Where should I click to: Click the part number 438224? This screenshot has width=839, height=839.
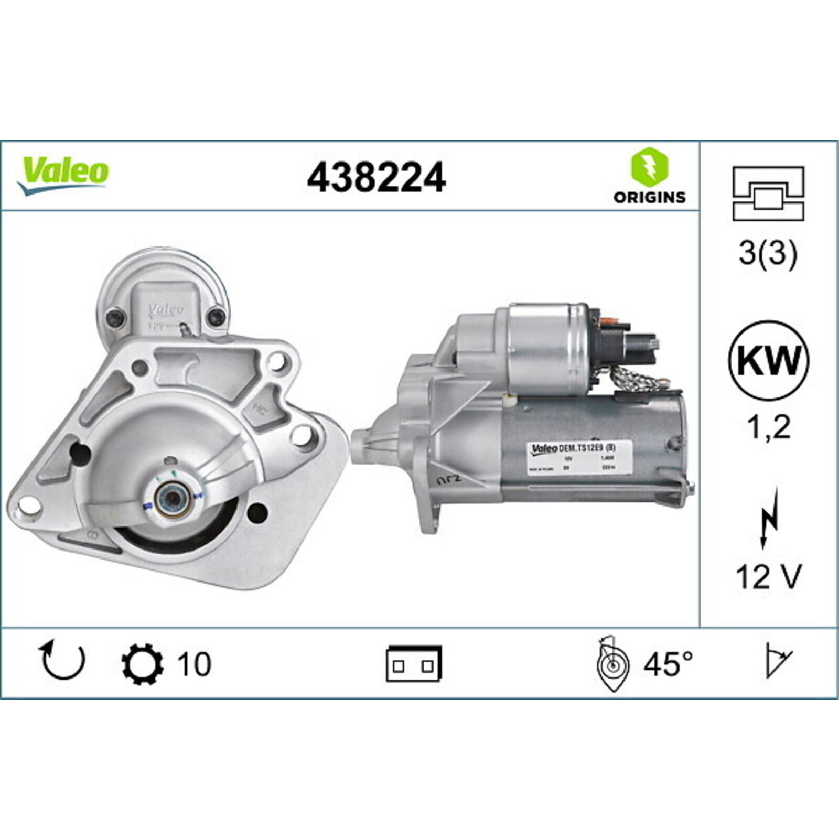[376, 178]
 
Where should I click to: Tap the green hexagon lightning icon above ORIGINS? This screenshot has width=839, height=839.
[649, 167]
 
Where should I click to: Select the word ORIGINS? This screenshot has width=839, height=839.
[649, 197]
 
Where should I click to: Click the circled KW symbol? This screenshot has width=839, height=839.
[768, 361]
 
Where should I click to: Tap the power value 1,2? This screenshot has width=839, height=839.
[768, 427]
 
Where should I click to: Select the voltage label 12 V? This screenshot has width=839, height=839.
[768, 577]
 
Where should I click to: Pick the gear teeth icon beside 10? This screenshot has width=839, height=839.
[142, 664]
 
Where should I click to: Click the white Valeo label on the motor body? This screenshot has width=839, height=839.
[579, 458]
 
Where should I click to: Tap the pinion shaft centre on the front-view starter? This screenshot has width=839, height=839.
[171, 500]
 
